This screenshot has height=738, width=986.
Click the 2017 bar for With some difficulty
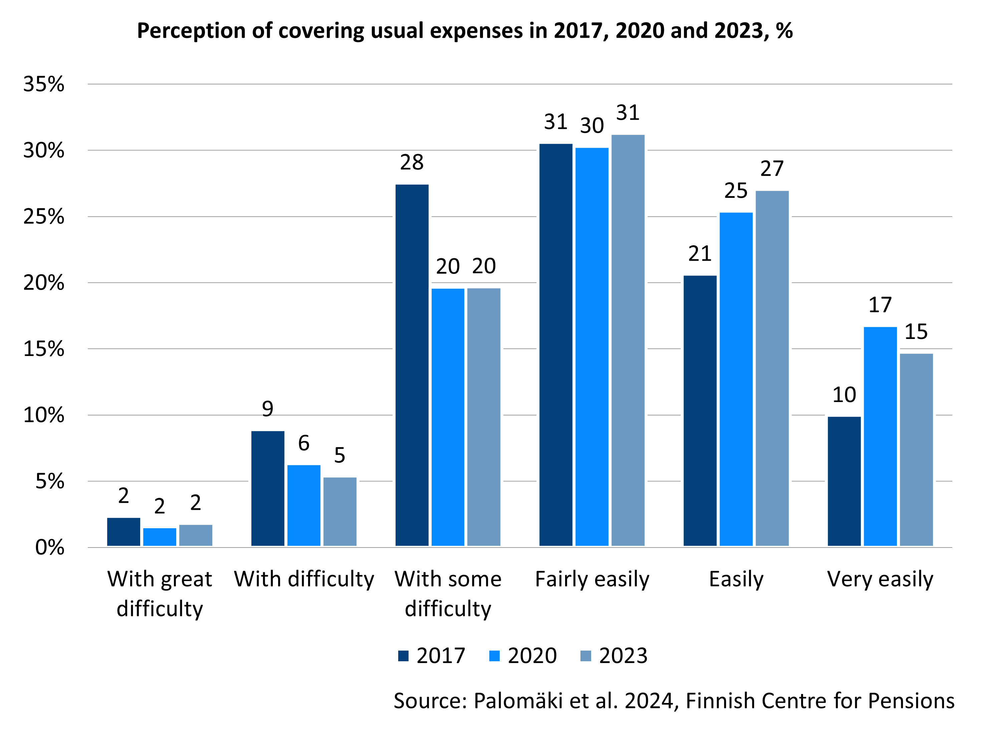412,365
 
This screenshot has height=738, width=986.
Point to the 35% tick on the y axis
44,84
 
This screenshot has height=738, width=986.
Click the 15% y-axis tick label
44,349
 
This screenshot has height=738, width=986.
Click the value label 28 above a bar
412,162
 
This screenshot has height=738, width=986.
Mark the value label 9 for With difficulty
267,409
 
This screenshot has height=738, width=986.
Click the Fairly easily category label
592,579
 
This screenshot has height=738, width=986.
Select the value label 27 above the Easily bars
772,168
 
